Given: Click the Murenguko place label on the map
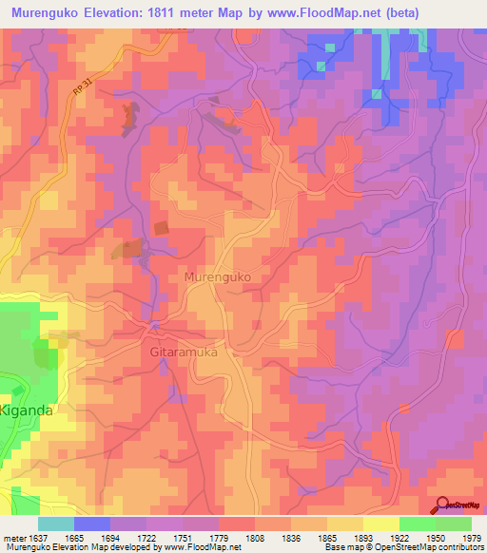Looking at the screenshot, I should (x=216, y=276).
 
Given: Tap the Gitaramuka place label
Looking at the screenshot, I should (x=184, y=352).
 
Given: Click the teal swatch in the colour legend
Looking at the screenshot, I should (x=56, y=524).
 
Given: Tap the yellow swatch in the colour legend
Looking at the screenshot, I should (x=381, y=524).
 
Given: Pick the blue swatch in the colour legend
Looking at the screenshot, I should (x=92, y=524).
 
